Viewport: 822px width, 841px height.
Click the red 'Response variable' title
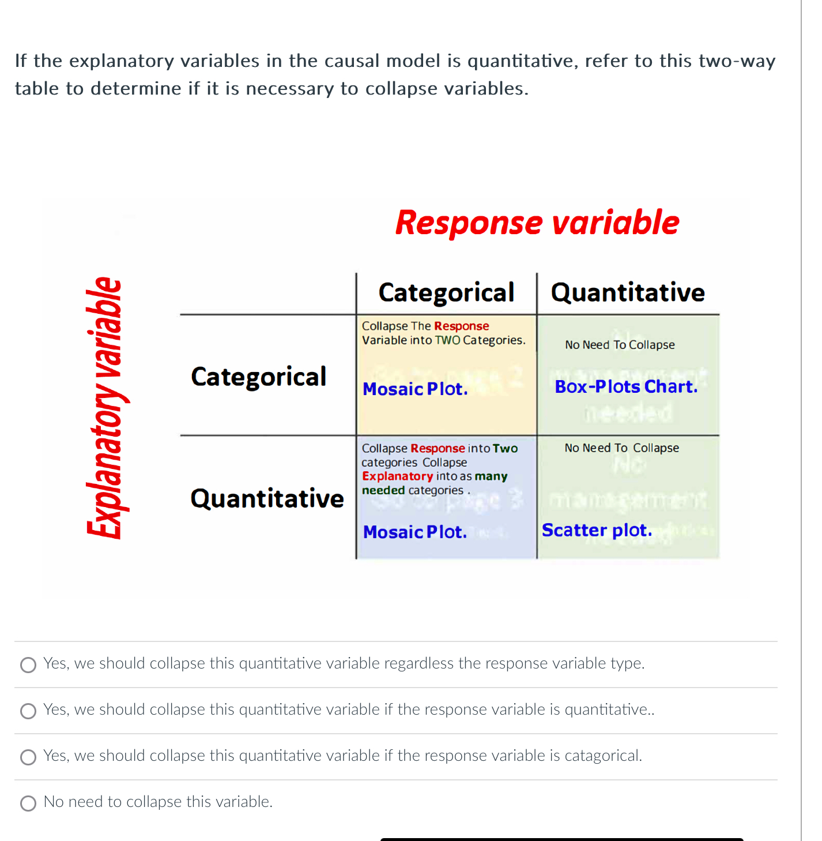click(x=537, y=223)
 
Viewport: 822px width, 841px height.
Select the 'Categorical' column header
click(x=446, y=292)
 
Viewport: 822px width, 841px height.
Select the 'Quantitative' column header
click(x=628, y=292)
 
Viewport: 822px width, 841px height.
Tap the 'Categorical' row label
click(x=258, y=377)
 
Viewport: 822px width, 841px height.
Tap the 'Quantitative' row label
click(x=267, y=498)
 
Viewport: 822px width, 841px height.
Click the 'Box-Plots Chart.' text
click(x=626, y=386)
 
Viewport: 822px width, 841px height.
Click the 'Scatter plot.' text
click(x=597, y=530)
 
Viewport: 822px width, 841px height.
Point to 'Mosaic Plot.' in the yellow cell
click(x=415, y=389)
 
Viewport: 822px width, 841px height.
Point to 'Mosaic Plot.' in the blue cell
click(x=415, y=532)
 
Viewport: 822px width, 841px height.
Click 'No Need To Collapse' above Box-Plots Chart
click(x=620, y=345)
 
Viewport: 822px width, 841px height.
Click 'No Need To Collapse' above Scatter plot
click(x=621, y=448)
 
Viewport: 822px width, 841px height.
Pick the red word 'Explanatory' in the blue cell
click(x=397, y=476)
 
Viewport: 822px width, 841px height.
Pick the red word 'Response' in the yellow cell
click(x=461, y=326)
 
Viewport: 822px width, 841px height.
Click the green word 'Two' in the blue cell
click(x=505, y=449)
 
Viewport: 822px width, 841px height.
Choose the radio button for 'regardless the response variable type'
click(x=28, y=665)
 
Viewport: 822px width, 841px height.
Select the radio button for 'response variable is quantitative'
click(x=28, y=711)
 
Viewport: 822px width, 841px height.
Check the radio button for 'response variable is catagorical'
click(x=28, y=757)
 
